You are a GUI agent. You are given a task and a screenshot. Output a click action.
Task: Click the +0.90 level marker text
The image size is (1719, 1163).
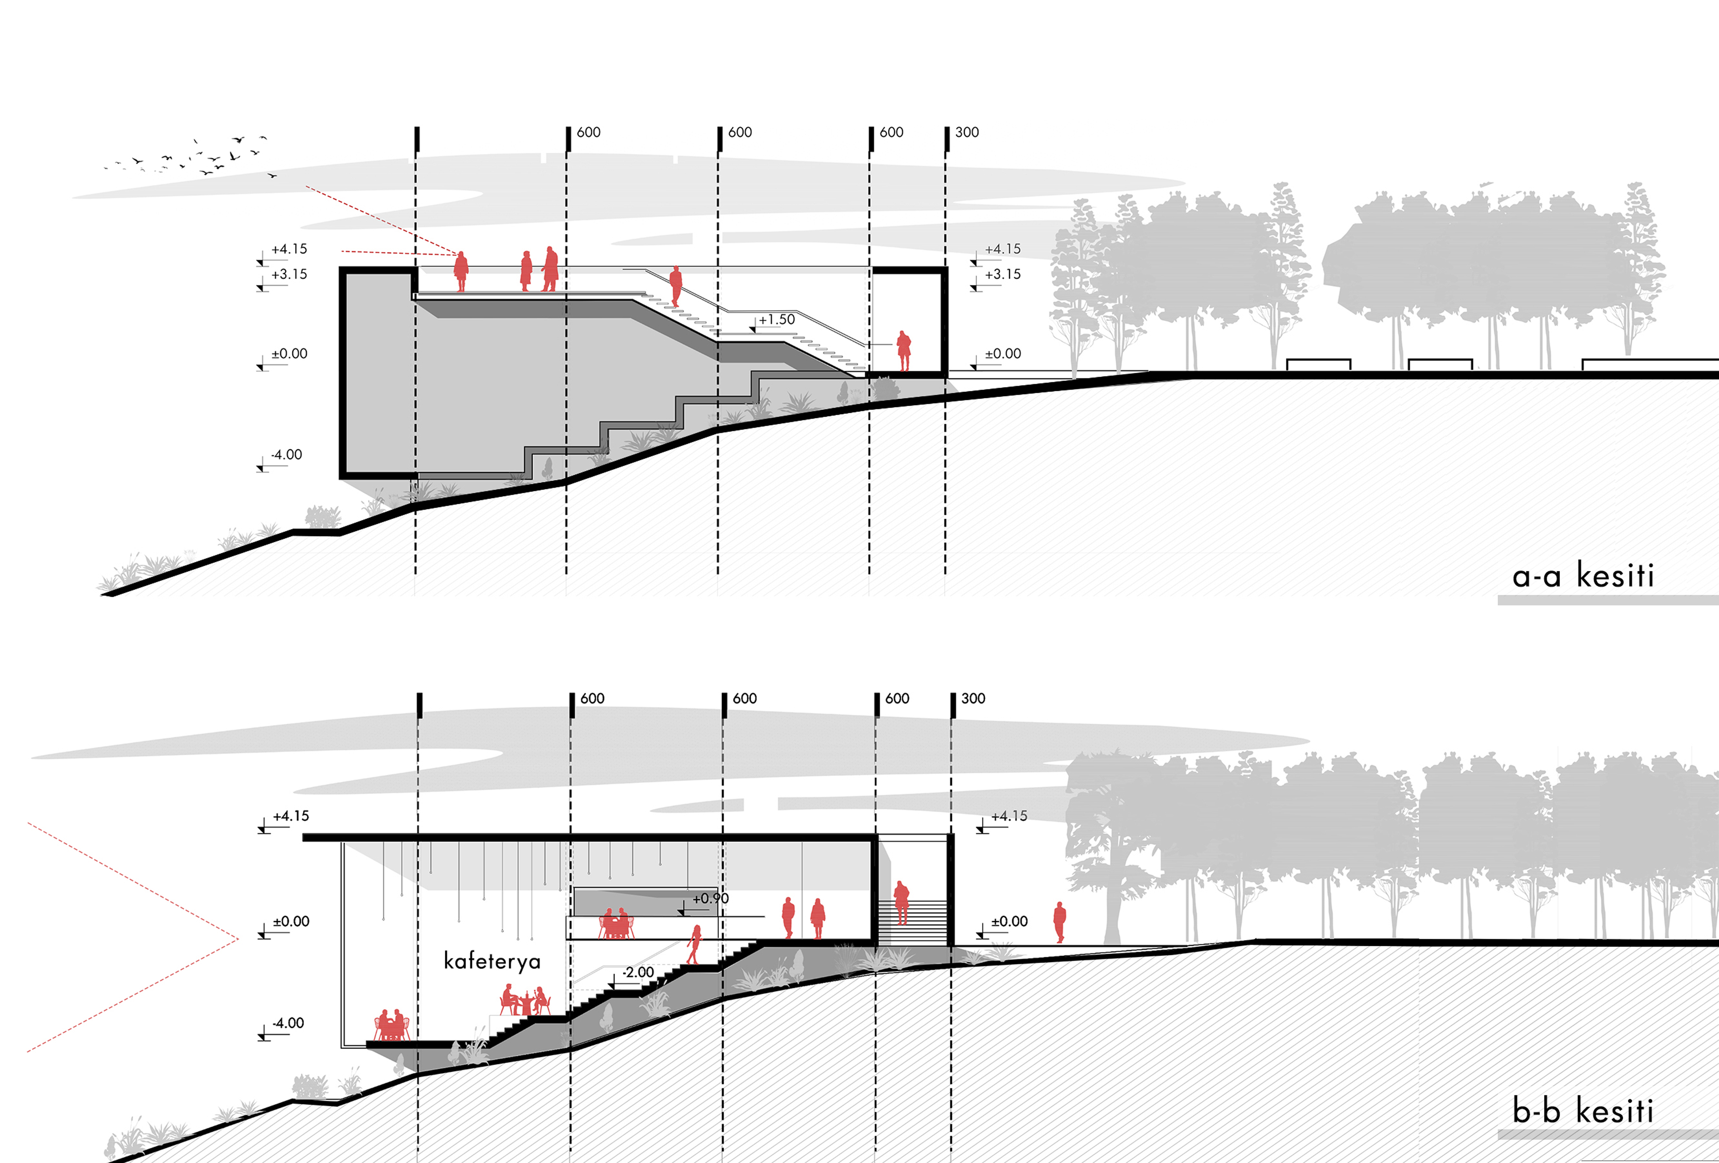pos(710,898)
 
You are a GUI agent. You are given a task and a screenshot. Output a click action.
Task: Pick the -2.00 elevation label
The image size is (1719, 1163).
pos(638,972)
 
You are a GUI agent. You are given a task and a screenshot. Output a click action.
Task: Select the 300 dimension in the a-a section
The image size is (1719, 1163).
pos(967,132)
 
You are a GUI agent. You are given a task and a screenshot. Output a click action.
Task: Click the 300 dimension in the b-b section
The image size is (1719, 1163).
pos(973,698)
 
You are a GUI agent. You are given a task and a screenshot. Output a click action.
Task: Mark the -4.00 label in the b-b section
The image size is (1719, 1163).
pos(288,1023)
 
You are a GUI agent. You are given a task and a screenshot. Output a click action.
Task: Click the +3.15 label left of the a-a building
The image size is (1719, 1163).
pos(289,275)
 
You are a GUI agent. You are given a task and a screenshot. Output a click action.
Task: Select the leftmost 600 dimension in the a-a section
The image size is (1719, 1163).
pos(589,132)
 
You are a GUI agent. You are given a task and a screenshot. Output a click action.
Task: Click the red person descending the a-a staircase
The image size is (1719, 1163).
pos(675,286)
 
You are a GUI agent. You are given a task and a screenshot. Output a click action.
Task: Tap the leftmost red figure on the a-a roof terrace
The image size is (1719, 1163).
pos(461,271)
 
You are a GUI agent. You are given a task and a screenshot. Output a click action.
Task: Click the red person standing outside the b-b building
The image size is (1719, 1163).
pos(1059,922)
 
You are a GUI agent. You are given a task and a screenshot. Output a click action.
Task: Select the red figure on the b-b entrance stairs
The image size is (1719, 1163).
pos(901,903)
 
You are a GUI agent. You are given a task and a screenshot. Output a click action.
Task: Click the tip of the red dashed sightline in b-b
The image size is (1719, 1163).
pos(238,940)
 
